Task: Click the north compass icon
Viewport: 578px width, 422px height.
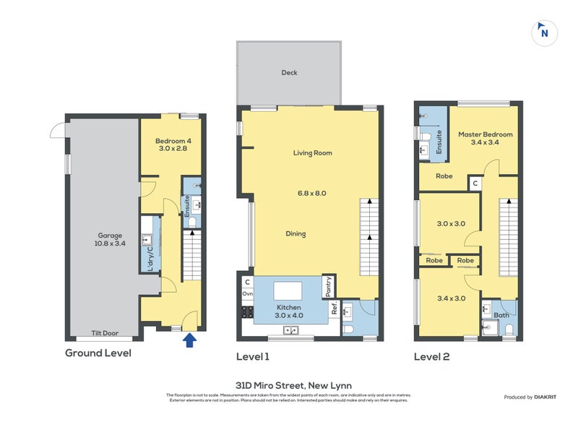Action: click(x=545, y=32)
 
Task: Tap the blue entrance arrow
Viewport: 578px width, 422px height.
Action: click(x=190, y=340)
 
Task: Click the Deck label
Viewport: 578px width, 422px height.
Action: click(x=289, y=73)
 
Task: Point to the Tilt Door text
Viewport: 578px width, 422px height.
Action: click(x=105, y=333)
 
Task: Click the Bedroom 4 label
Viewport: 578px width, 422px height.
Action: click(x=171, y=143)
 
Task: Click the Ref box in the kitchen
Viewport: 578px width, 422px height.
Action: click(x=335, y=308)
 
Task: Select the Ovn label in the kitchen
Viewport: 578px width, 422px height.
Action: click(x=248, y=294)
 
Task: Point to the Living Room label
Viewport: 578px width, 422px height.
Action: click(x=312, y=153)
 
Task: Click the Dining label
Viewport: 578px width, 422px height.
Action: click(x=295, y=233)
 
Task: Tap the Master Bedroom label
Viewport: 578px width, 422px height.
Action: click(x=485, y=138)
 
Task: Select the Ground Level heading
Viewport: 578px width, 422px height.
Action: click(x=98, y=353)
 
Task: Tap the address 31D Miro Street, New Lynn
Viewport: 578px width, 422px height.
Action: click(x=289, y=385)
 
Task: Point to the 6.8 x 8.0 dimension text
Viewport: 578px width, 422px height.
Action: click(x=311, y=193)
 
